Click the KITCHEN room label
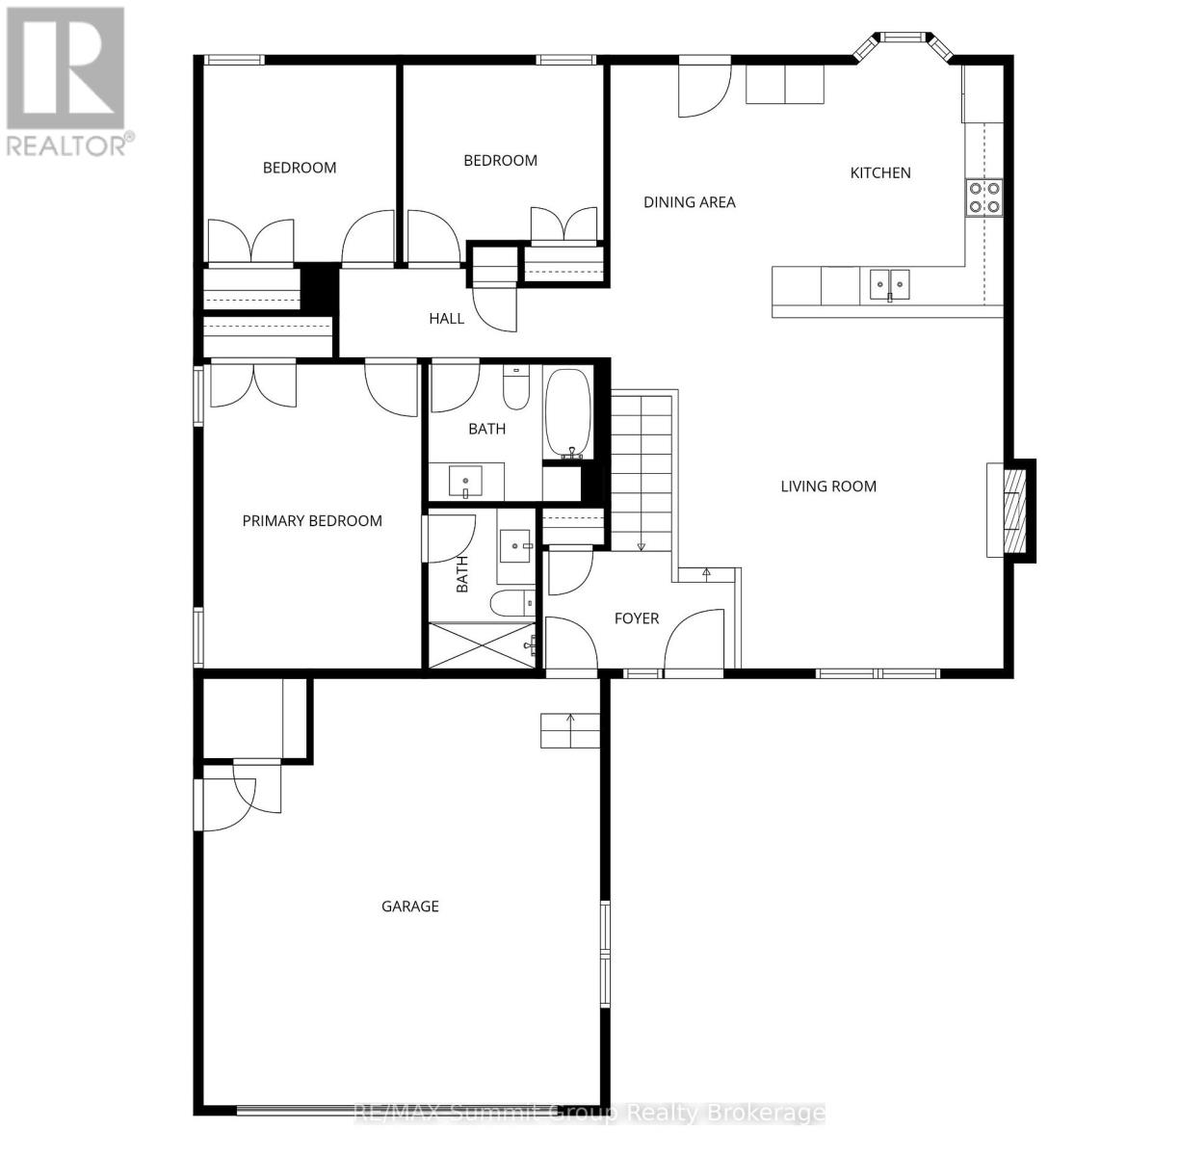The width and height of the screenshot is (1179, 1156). click(x=879, y=173)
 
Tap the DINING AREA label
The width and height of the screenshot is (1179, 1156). click(x=689, y=202)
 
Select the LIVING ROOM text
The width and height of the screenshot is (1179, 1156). click(x=828, y=486)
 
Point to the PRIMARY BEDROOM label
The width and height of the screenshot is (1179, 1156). click(x=312, y=521)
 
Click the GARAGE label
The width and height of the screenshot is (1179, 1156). click(x=410, y=906)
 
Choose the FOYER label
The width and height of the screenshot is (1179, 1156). click(x=637, y=618)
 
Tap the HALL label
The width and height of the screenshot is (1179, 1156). click(x=446, y=319)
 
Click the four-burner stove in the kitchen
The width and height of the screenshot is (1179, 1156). click(x=983, y=197)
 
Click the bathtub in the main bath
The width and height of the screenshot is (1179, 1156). click(x=568, y=414)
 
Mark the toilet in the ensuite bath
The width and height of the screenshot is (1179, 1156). click(x=511, y=604)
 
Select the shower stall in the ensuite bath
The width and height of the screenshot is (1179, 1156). click(x=482, y=645)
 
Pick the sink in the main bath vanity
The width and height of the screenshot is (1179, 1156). click(x=467, y=480)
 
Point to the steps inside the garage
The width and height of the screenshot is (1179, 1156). click(x=570, y=731)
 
